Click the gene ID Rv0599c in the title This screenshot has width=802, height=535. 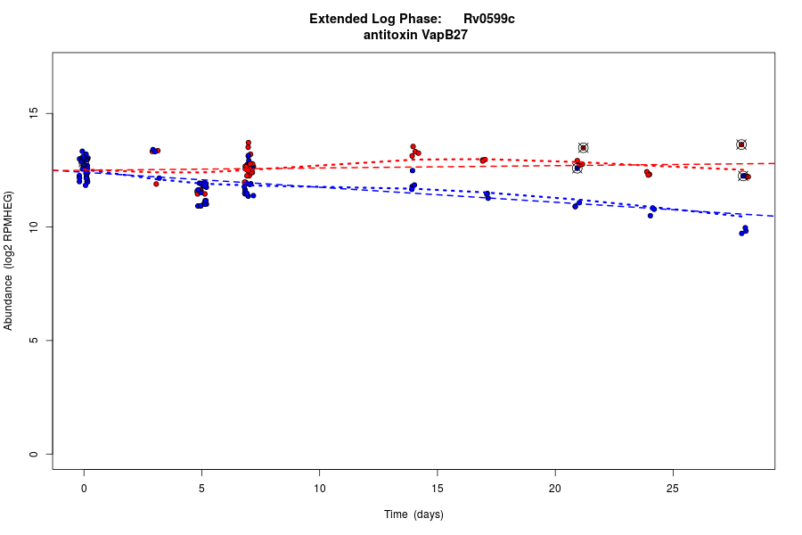[488, 19]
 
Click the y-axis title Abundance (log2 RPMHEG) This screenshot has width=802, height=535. [9, 260]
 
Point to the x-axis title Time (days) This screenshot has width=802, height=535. [413, 514]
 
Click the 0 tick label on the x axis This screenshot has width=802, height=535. [84, 488]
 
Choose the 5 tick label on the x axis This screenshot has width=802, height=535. [201, 488]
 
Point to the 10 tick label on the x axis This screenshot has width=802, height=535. [319, 488]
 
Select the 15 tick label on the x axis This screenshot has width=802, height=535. [437, 488]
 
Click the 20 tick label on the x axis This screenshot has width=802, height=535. [554, 488]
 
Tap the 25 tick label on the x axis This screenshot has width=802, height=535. [673, 488]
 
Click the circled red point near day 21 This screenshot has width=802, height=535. [584, 148]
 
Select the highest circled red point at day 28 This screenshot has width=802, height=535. [741, 144]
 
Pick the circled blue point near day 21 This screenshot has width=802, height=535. [577, 168]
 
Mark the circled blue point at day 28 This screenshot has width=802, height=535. [743, 177]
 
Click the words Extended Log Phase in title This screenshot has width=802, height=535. [375, 19]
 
